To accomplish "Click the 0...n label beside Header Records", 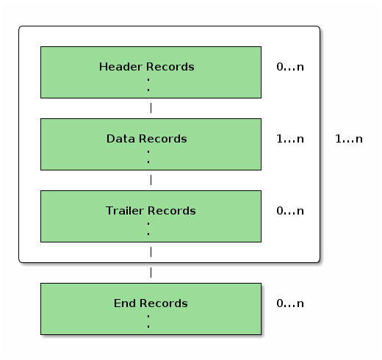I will tap(289, 67).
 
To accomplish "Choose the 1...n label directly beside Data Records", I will tap(289, 139).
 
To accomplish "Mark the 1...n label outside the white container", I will tap(348, 139).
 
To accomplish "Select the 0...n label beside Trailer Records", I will tap(289, 211).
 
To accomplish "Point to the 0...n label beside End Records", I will tap(289, 303).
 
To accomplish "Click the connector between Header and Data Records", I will tap(151, 108).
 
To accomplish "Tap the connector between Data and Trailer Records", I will tap(151, 180).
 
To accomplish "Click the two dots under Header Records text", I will tap(148, 84).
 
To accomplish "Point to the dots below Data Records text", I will tap(148, 156).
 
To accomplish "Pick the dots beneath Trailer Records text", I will tap(148, 228).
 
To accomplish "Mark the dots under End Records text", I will tap(148, 320).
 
